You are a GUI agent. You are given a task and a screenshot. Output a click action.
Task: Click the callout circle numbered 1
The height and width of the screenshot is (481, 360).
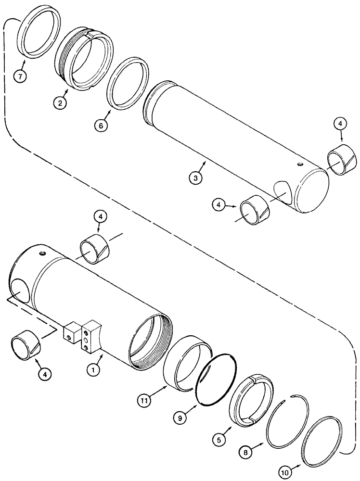[x=90, y=369]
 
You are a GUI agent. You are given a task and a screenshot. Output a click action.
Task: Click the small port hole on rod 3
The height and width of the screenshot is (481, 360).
[x=300, y=165]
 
